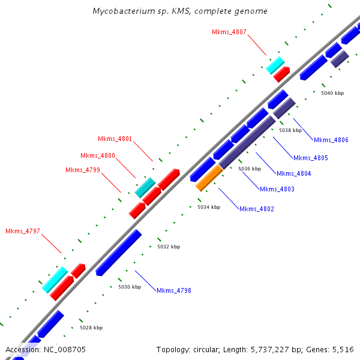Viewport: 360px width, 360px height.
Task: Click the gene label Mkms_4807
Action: click(x=229, y=32)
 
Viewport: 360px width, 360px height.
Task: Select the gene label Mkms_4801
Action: click(x=115, y=139)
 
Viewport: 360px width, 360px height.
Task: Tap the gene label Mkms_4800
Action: click(x=97, y=155)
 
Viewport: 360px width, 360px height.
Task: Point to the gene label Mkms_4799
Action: click(x=82, y=170)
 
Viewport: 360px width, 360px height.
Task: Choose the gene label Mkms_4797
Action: click(x=22, y=231)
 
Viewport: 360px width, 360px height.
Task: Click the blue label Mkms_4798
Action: click(x=173, y=290)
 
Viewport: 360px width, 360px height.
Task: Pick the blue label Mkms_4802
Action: click(x=256, y=209)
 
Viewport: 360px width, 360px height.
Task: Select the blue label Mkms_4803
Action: click(x=277, y=189)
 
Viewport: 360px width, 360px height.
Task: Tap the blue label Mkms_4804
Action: click(x=293, y=173)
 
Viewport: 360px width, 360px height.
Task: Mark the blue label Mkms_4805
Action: click(x=310, y=158)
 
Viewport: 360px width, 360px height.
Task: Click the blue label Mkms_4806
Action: click(x=331, y=140)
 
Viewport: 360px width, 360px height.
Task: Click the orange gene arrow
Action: click(x=209, y=178)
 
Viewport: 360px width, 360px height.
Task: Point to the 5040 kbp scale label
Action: click(x=332, y=93)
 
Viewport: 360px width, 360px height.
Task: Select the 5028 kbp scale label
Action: click(x=91, y=328)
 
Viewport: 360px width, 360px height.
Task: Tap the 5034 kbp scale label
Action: click(x=209, y=207)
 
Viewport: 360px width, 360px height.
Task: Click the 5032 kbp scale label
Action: click(x=168, y=247)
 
